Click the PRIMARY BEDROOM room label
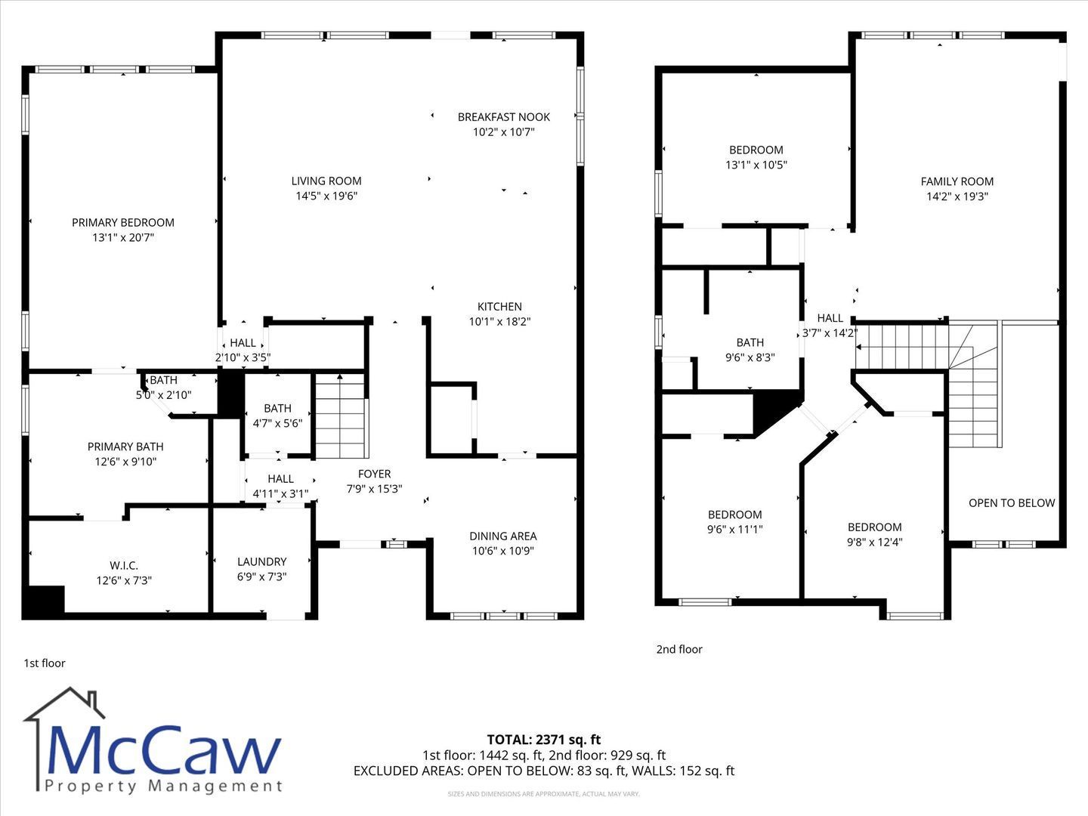[x=123, y=222]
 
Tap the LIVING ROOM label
[x=326, y=181]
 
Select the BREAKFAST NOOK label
[x=504, y=117]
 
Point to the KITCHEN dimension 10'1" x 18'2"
[x=499, y=322]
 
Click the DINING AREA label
[x=503, y=536]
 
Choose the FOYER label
[x=374, y=474]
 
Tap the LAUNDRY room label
[x=261, y=562]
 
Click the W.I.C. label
[x=124, y=565]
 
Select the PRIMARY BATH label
[x=125, y=447]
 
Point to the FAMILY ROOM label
[x=957, y=181]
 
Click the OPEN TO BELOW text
[x=1012, y=503]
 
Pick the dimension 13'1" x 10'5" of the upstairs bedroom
[x=756, y=165]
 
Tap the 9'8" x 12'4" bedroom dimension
[x=874, y=542]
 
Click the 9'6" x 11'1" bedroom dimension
[x=734, y=529]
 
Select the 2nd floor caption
[x=679, y=649]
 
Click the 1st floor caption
[x=45, y=663]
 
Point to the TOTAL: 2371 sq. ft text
[x=544, y=740]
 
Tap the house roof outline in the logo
[x=64, y=703]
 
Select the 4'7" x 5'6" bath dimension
[x=277, y=423]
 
